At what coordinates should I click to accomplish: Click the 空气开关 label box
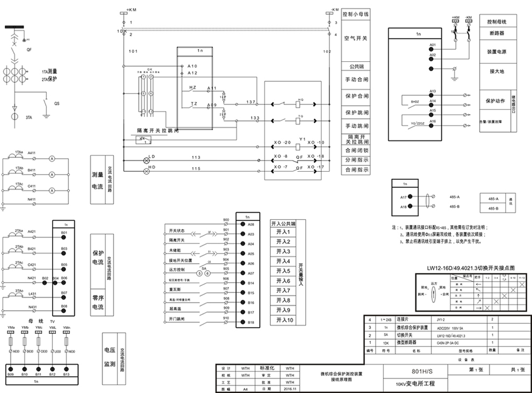pos(356,39)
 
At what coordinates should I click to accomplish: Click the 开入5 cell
pos(283,271)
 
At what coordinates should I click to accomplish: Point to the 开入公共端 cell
pos(283,223)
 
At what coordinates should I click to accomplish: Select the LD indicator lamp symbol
pos(145,160)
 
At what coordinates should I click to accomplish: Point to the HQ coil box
pos(300,103)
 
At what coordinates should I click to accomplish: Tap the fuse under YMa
pos(11,340)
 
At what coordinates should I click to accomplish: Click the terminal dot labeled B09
pos(11,366)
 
